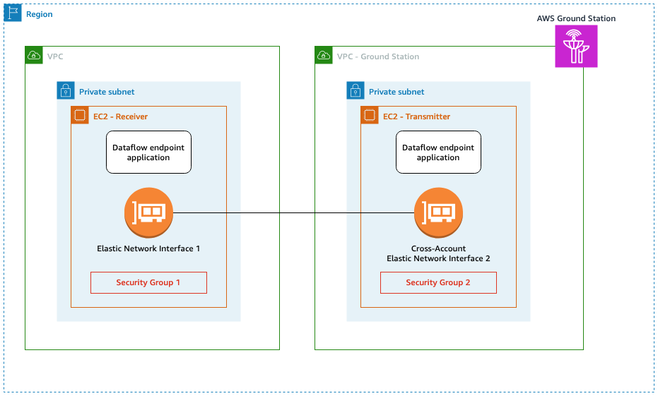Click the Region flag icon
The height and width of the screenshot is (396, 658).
[x=13, y=13]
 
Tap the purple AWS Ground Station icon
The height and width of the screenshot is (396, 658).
[x=576, y=47]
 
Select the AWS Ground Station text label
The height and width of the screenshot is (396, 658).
[x=576, y=18]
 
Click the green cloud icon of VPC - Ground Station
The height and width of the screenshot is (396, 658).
[x=324, y=56]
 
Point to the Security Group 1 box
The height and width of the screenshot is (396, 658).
[x=148, y=282]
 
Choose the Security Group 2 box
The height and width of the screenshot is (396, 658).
[x=438, y=282]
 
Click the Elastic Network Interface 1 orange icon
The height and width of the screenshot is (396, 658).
[x=148, y=212]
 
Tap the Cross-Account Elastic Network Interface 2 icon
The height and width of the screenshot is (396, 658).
[x=438, y=212]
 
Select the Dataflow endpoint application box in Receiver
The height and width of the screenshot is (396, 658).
[x=148, y=152]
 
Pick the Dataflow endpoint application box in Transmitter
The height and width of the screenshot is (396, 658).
[x=438, y=152]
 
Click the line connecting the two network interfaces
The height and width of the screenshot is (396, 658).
[x=293, y=212]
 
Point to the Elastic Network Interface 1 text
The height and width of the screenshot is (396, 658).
[x=148, y=248]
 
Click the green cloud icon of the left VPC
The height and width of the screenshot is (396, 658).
[x=34, y=56]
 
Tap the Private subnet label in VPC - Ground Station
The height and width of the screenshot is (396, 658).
[x=396, y=92]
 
